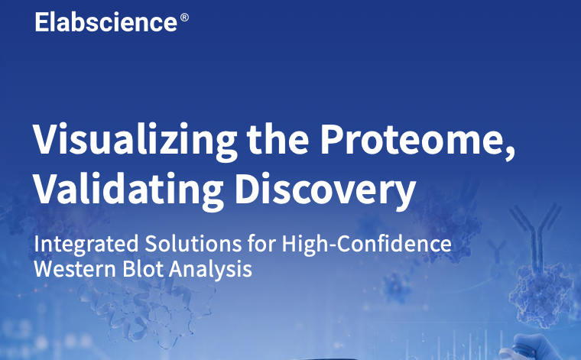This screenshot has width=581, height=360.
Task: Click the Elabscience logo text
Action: tap(106, 22)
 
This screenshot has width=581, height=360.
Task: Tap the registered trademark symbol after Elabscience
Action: tap(184, 18)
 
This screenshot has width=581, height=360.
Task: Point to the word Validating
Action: tap(128, 190)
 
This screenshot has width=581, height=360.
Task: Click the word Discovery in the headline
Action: tap(326, 190)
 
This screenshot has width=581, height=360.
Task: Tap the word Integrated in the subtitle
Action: tap(86, 245)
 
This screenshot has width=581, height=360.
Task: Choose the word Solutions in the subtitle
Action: tap(193, 244)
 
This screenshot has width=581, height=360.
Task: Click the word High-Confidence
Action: tap(366, 244)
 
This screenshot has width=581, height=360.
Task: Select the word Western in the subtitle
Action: tap(75, 269)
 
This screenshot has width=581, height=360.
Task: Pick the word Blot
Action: tap(143, 268)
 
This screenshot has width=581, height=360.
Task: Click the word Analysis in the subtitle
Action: tap(210, 269)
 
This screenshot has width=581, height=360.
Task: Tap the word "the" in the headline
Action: tap(278, 138)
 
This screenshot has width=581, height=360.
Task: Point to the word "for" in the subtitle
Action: tap(261, 244)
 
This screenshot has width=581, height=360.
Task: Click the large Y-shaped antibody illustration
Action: tap(535, 237)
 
